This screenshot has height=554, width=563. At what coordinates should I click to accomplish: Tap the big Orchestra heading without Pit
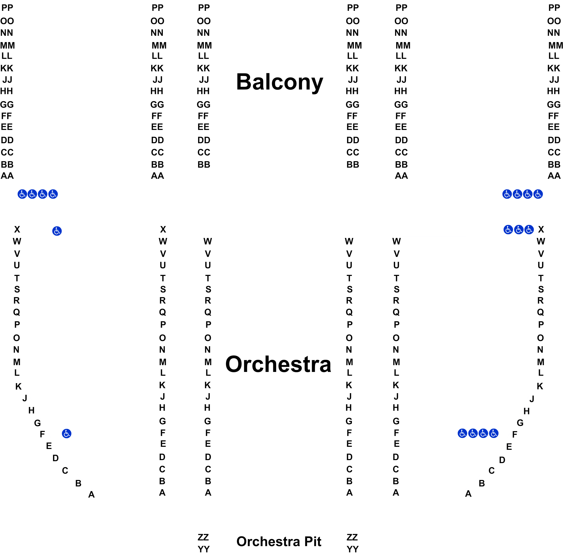(x=278, y=364)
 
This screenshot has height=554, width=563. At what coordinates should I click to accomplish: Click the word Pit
(x=313, y=542)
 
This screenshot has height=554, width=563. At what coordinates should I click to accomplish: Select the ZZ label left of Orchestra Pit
(x=203, y=537)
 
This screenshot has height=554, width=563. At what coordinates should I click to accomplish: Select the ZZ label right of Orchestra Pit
(x=352, y=537)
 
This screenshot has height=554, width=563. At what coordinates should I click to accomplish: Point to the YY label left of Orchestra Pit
(x=203, y=549)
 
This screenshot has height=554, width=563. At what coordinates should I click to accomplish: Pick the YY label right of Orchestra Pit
(x=352, y=549)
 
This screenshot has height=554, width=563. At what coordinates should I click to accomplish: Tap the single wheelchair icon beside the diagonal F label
(x=67, y=434)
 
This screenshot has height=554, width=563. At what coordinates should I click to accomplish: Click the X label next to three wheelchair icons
(x=541, y=229)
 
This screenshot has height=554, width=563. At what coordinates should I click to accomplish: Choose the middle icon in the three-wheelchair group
(x=519, y=230)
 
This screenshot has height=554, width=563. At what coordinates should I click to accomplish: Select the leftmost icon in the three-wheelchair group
(x=508, y=230)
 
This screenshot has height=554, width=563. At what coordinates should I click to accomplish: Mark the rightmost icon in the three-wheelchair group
(x=529, y=230)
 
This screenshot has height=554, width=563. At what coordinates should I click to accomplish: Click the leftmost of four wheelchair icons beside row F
(x=462, y=433)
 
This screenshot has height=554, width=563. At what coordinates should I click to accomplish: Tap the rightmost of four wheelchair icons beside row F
(x=494, y=433)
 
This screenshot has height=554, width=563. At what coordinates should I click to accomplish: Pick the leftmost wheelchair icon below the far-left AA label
(x=22, y=194)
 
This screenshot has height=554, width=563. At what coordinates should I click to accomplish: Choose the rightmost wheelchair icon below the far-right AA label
(x=538, y=194)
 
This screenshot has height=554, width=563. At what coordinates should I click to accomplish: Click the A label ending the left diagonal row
(x=91, y=494)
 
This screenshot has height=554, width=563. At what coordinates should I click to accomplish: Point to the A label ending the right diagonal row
(x=468, y=494)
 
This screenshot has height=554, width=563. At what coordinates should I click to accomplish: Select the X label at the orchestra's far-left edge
(x=17, y=229)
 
